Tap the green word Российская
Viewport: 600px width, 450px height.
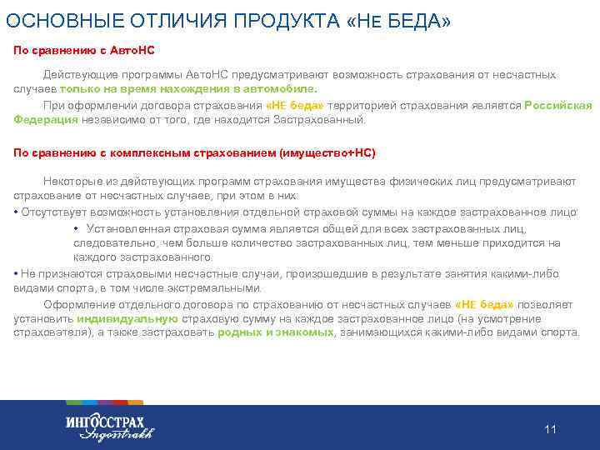558,106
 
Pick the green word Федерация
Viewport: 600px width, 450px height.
46,119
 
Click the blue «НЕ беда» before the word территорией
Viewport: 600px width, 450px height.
295,106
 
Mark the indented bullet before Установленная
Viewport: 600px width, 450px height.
77,228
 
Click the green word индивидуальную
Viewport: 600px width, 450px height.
127,318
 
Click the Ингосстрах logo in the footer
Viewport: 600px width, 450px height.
108,425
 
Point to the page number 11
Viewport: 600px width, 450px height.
549,429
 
